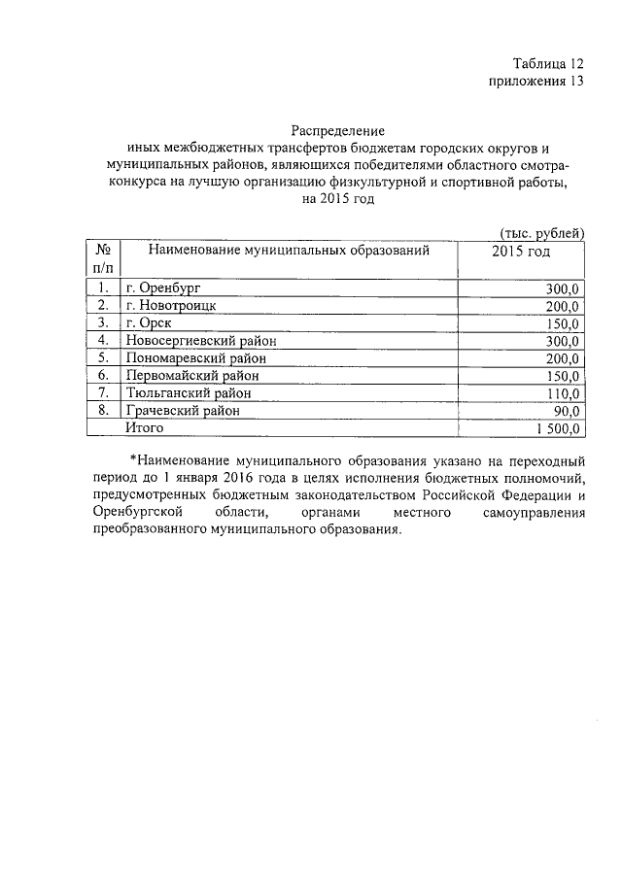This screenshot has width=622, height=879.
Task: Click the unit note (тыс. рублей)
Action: (540, 232)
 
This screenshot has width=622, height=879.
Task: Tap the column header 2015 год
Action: (522, 252)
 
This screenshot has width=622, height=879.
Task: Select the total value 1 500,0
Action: (557, 428)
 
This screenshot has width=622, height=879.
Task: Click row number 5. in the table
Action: (102, 357)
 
